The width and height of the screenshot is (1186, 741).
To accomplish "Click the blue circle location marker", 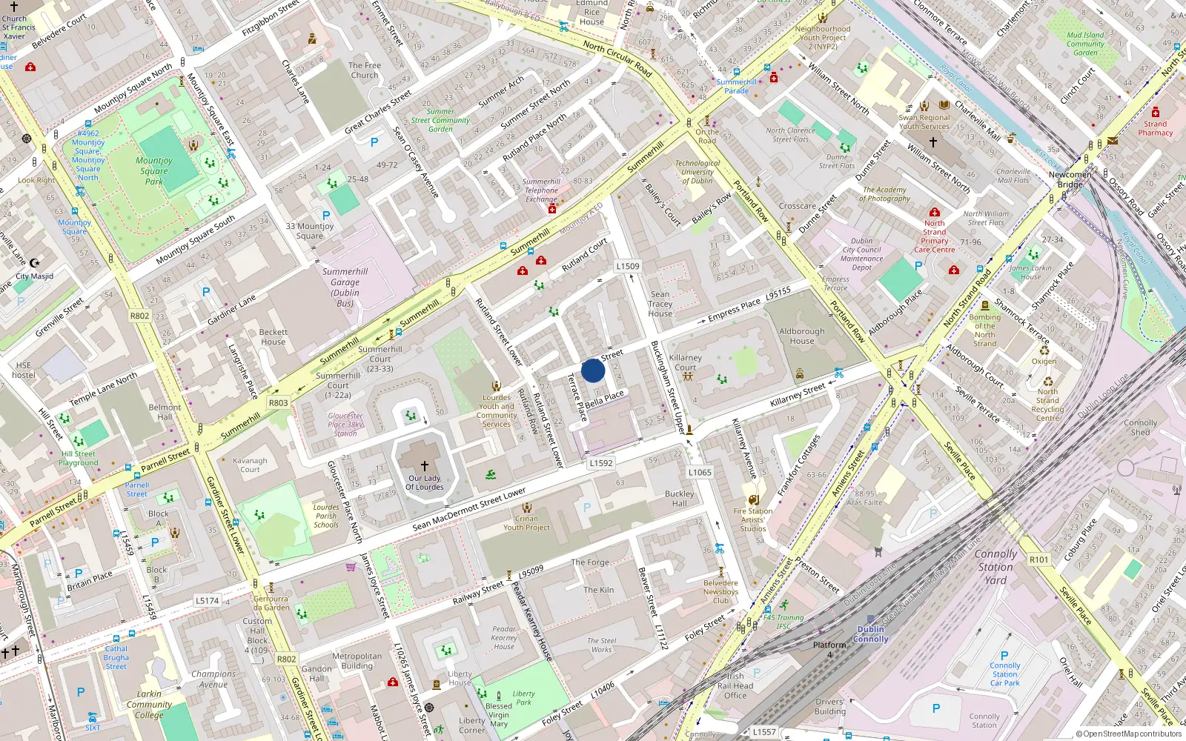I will (593, 370).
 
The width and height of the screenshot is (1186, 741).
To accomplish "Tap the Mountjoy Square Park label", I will (154, 171).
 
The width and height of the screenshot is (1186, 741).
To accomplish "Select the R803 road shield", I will (278, 403).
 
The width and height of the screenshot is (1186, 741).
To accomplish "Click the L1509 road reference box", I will (628, 266).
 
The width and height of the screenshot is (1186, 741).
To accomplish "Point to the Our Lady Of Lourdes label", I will (425, 482).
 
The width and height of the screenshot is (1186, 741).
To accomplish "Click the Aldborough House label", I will (801, 336).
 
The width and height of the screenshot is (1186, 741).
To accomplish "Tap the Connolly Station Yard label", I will (995, 567).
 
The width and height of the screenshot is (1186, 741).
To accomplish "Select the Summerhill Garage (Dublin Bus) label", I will (345, 288).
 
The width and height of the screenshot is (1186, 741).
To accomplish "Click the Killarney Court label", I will (685, 362).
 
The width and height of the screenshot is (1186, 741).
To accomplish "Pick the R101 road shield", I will (1038, 559).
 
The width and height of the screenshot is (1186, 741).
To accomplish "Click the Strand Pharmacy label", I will (1155, 128).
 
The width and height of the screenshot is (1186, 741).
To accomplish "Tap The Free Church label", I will (365, 70).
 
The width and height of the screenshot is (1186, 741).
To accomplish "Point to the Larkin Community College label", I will (149, 705).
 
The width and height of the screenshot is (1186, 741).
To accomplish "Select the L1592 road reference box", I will (601, 463).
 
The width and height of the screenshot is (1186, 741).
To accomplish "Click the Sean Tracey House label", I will (660, 304).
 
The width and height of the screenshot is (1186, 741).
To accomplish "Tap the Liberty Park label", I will (523, 698).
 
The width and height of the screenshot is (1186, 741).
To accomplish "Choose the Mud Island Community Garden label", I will (1085, 44).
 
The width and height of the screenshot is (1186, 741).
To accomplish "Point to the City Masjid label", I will (35, 276).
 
